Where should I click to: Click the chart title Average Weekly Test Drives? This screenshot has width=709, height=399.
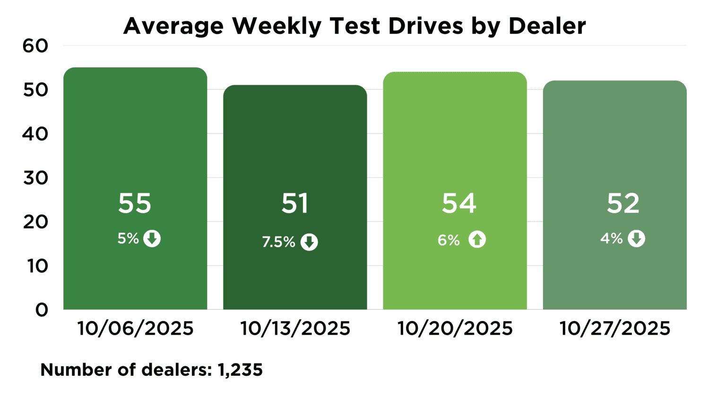point(354,26)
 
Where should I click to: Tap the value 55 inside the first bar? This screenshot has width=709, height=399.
point(135,203)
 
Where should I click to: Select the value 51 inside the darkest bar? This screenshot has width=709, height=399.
point(295,203)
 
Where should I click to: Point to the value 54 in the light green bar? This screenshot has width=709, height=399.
point(459,203)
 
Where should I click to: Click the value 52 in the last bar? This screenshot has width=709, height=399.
point(623,203)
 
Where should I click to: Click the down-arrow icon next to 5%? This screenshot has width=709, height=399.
point(152,238)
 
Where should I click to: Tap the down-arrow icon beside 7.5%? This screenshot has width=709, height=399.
point(310,242)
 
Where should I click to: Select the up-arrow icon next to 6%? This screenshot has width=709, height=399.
point(477,240)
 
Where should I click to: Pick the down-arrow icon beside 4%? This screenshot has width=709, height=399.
point(636,238)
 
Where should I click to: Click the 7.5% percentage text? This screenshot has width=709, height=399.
point(278,242)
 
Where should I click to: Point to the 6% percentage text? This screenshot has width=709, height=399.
point(449,240)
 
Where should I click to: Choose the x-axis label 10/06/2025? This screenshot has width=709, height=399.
point(135,328)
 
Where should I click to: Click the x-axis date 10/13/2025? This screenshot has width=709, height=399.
point(295,328)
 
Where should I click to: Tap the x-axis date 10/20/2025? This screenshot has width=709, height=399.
point(455,328)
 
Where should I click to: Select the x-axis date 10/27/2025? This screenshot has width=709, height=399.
point(614,328)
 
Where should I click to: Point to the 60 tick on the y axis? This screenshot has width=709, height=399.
point(35,46)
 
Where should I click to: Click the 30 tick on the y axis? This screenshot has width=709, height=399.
point(35,178)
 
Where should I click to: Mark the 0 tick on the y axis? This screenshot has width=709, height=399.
point(42,310)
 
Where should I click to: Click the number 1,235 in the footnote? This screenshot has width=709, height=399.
point(240,370)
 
